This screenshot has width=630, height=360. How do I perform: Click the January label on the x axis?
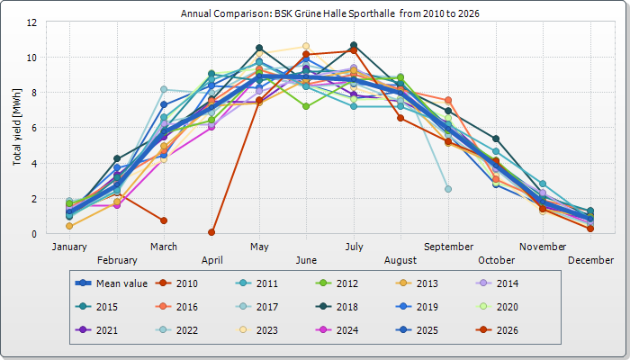[x=69, y=247]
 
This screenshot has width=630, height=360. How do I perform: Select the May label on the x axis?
[x=259, y=247]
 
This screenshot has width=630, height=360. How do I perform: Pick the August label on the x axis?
[x=400, y=260]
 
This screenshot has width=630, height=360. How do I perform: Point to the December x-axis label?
[x=590, y=260]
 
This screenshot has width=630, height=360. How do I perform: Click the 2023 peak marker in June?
[x=306, y=46]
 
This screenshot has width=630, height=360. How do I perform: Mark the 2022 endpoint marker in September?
[x=448, y=189]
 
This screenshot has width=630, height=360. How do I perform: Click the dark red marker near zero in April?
[x=211, y=232]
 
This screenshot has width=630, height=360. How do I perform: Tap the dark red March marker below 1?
[x=164, y=220]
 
